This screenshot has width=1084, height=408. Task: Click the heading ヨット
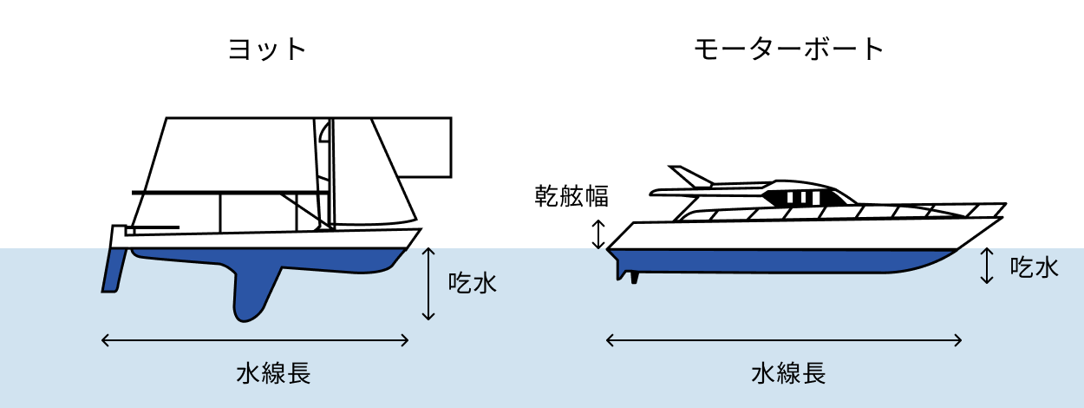tap(267, 49)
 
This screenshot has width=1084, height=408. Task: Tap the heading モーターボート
tap(788, 49)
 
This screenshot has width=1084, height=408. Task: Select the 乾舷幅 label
tap(571, 196)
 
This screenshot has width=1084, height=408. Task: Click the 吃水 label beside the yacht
tap(473, 283)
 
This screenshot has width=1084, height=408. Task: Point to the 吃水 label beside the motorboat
tap(1035, 267)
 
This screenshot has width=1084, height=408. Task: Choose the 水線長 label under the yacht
tap(273, 373)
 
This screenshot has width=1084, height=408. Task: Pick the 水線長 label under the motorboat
tap(788, 373)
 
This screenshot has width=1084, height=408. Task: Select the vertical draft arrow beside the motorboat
tap(986, 266)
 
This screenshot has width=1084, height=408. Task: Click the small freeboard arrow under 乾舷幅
tap(598, 234)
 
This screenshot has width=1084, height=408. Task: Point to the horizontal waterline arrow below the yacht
tap(256, 340)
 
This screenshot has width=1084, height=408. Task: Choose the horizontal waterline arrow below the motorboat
tap(784, 340)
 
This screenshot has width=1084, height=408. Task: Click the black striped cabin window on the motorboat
tap(802, 197)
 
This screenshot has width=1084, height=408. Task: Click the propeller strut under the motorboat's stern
tap(636, 277)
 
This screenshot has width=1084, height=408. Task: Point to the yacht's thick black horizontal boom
tap(230, 192)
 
